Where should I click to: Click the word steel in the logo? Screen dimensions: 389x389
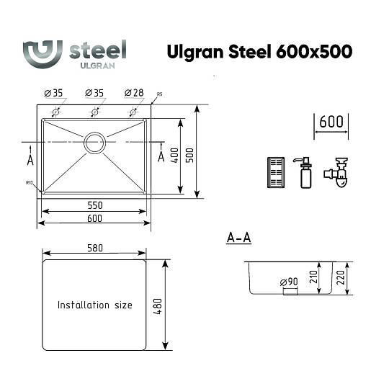tap(98, 50)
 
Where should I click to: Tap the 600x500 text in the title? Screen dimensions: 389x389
tap(314, 51)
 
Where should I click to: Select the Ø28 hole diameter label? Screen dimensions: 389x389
tap(134, 93)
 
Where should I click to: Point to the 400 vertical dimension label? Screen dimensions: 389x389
tap(174, 156)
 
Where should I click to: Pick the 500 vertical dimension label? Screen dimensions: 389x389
tap(189, 156)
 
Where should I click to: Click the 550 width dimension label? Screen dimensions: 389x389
tap(95, 205)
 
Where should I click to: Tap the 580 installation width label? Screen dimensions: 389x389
tap(95, 248)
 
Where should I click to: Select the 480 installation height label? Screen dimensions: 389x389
tap(158, 307)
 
